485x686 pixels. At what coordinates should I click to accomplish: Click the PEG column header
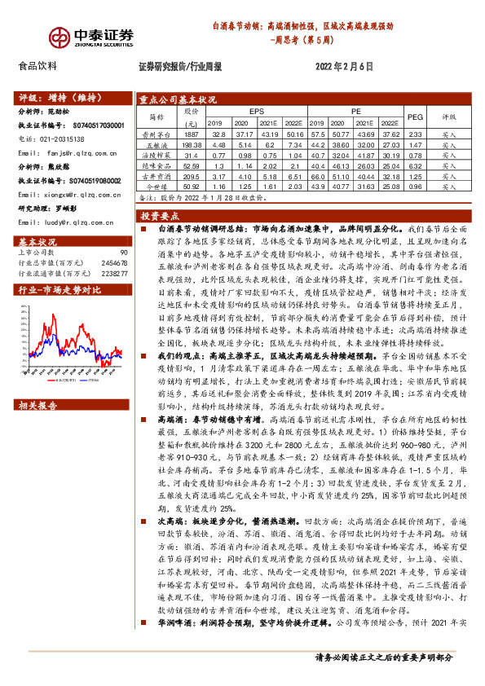(x=415, y=117)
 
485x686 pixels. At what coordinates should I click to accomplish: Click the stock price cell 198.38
(x=192, y=143)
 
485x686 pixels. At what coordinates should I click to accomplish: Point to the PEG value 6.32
(x=415, y=165)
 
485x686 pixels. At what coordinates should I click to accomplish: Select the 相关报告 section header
(x=37, y=405)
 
